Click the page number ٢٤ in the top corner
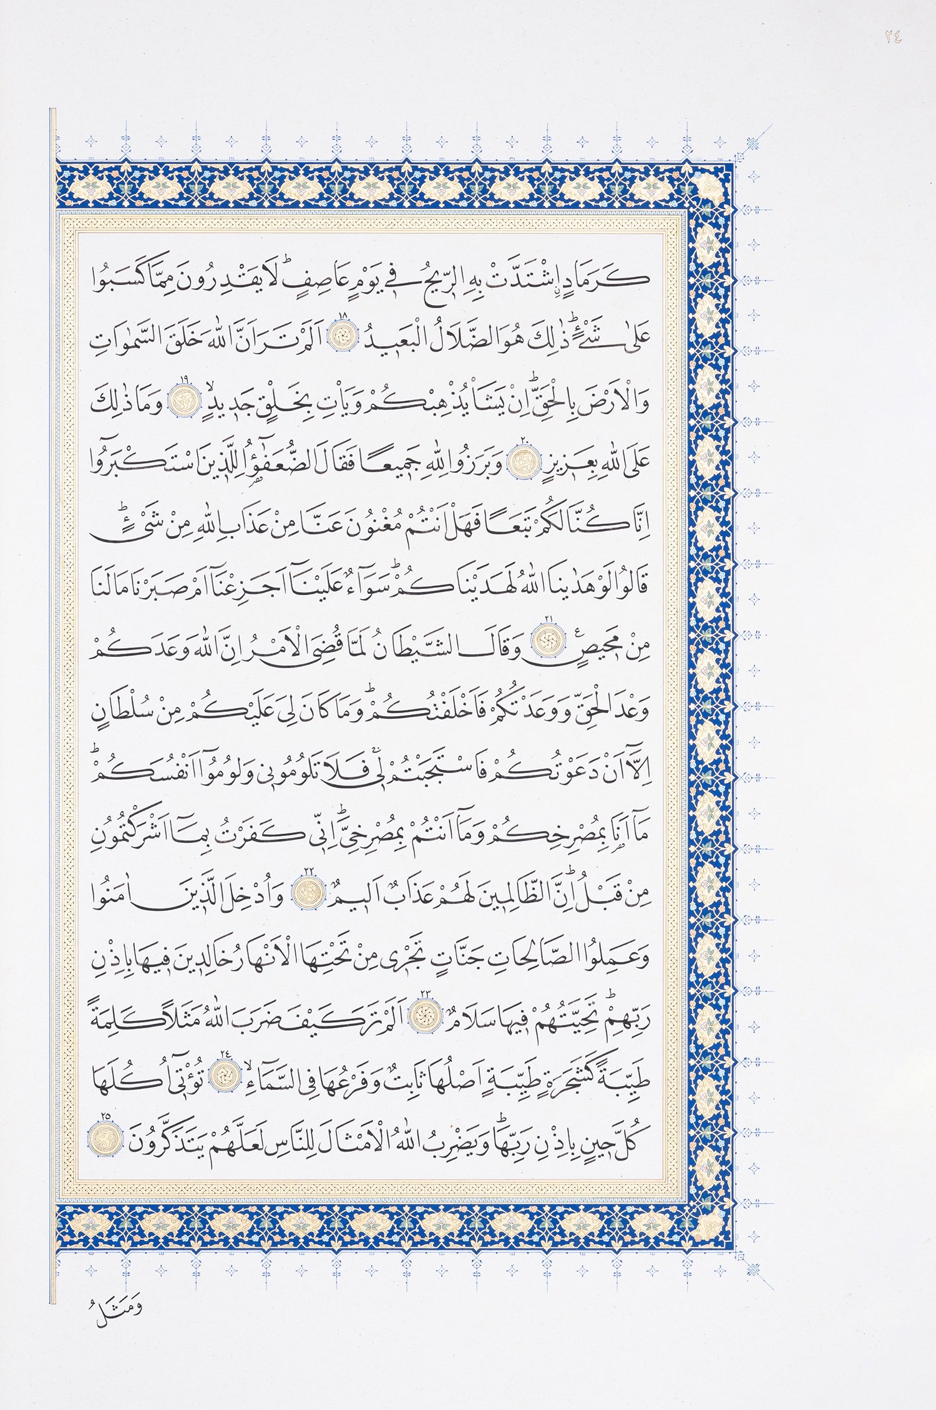(x=892, y=37)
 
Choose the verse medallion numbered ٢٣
(x=425, y=1017)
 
